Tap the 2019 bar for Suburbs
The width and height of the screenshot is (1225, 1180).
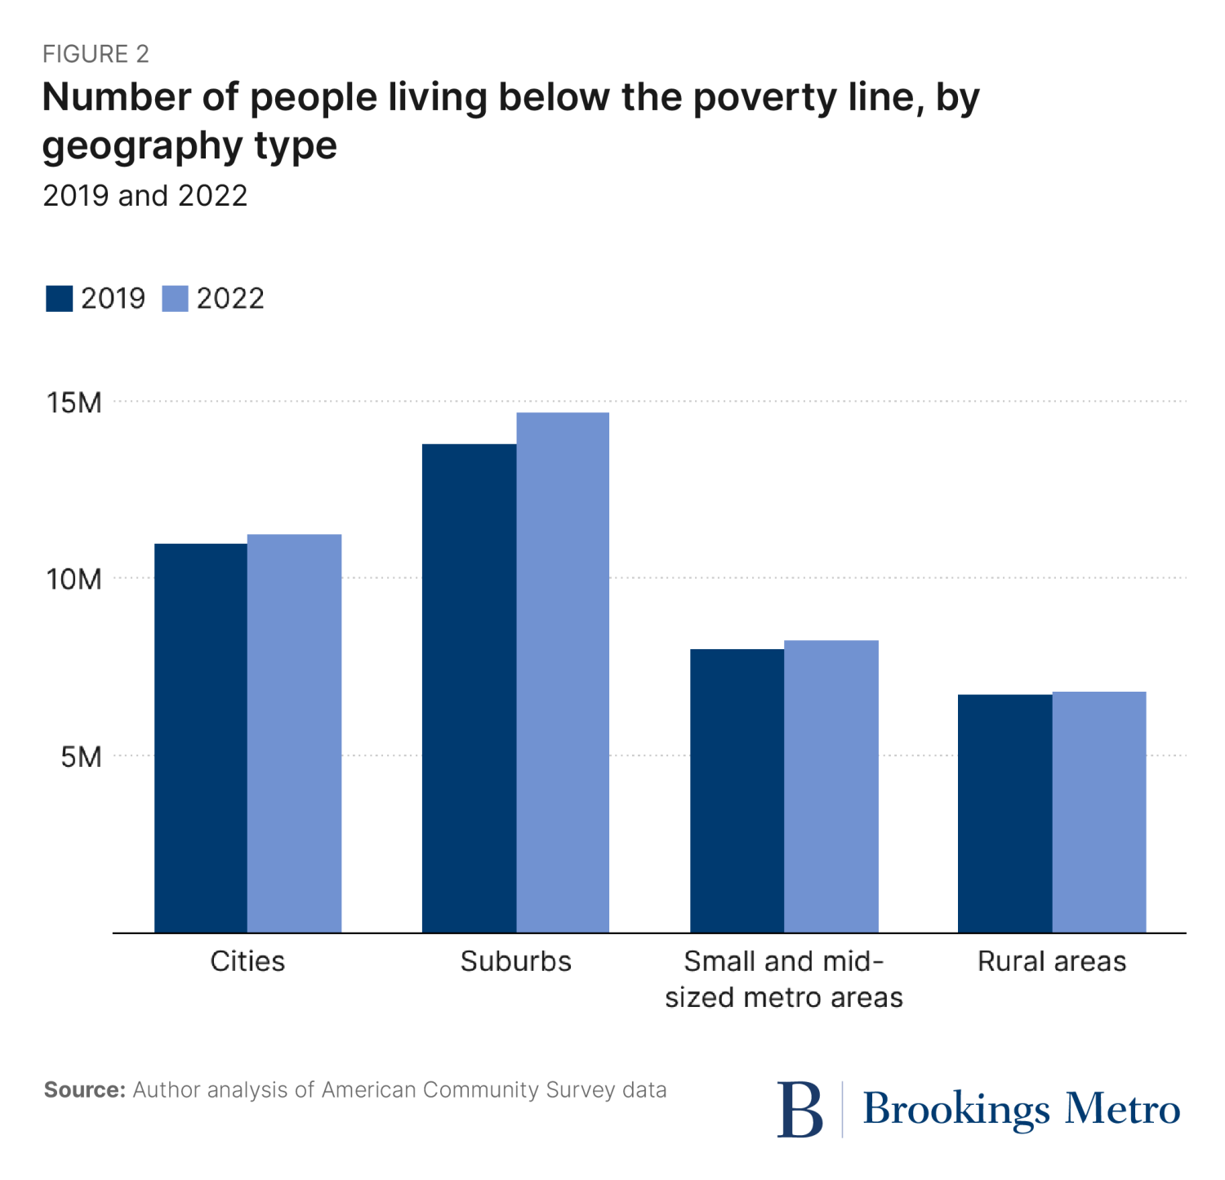(x=469, y=688)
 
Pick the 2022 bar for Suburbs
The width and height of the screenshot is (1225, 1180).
(x=563, y=672)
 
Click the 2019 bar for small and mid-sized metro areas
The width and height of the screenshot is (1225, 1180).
(x=737, y=790)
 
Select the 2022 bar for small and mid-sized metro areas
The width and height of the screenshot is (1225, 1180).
(x=831, y=786)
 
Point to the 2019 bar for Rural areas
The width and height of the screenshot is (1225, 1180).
(x=1004, y=813)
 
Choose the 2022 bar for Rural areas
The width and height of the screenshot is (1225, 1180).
(x=1098, y=811)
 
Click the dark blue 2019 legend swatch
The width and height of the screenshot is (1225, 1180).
(x=60, y=299)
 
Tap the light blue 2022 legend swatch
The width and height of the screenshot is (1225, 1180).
(x=175, y=299)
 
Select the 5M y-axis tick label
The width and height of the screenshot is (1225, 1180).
(x=80, y=756)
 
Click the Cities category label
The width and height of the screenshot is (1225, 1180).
(x=247, y=961)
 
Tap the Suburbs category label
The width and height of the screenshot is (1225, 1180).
(x=515, y=961)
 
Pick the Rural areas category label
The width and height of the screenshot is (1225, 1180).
(x=1052, y=961)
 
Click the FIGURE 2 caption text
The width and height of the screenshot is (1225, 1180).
(x=96, y=54)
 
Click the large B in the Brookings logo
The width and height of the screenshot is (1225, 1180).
(x=800, y=1108)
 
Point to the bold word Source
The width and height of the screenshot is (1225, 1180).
(x=84, y=1090)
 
